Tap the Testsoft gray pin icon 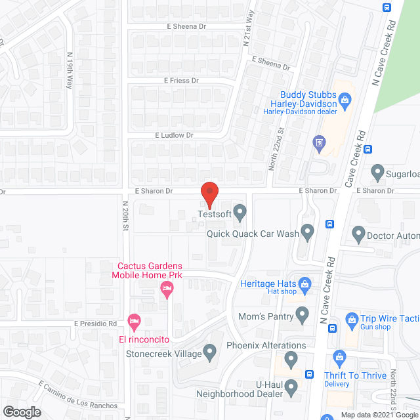(x=240, y=213)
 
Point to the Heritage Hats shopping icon (x=304, y=283)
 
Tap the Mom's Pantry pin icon (x=302, y=315)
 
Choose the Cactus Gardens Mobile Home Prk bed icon (x=167, y=289)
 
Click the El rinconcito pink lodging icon (x=134, y=323)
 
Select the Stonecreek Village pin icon (x=210, y=353)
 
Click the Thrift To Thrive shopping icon (x=339, y=357)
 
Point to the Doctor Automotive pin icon (x=358, y=233)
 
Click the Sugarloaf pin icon (x=377, y=173)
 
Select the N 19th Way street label (x=70, y=71)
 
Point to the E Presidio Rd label (x=95, y=324)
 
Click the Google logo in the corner (x=21, y=411)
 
